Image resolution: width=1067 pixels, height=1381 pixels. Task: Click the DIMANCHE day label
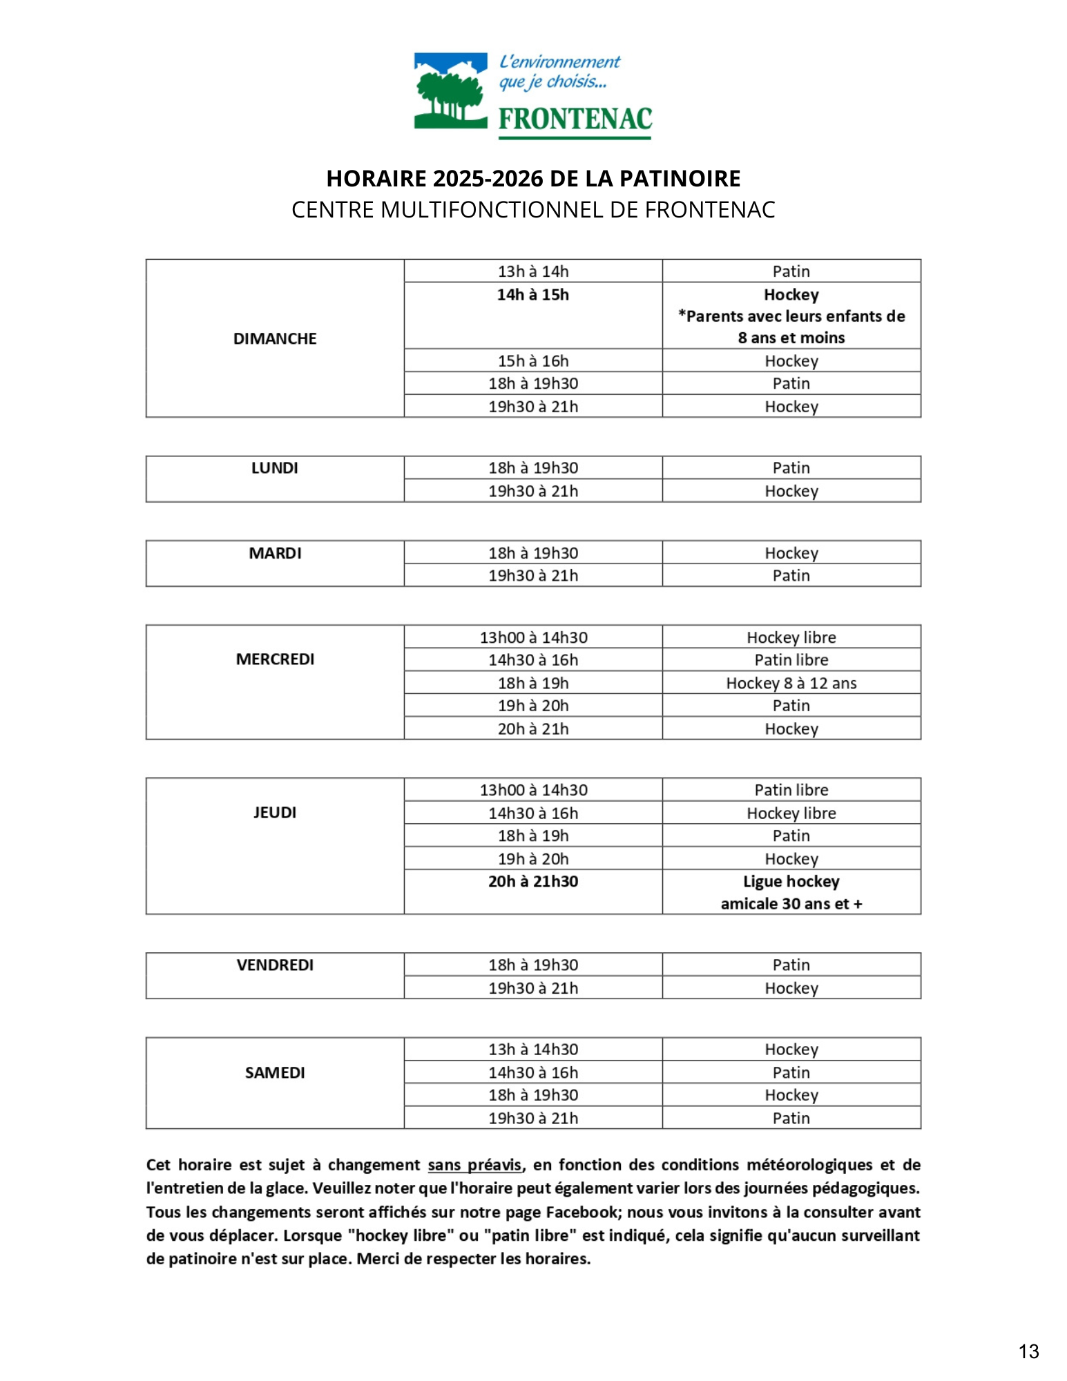point(275,338)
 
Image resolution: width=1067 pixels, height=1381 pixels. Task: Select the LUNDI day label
point(275,467)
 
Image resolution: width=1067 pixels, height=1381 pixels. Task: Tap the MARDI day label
point(275,553)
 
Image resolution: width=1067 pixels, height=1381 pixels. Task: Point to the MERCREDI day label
point(275,659)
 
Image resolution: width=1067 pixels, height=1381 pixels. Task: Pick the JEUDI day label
point(275,812)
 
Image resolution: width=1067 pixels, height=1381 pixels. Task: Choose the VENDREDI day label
point(275,965)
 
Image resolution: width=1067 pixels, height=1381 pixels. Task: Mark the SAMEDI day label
point(275,1072)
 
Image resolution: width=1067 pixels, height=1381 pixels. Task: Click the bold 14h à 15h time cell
point(533,295)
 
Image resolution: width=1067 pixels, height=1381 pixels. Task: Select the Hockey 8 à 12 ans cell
point(791,683)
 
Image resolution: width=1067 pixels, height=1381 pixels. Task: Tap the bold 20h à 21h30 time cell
point(533,881)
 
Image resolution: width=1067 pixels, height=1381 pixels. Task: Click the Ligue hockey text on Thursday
point(791,881)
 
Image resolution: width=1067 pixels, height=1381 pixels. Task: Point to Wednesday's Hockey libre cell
point(791,637)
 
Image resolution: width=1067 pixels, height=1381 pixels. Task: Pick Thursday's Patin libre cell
point(791,790)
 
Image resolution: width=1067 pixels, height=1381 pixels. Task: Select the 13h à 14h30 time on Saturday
point(533,1049)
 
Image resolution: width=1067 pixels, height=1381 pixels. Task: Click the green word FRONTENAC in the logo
point(575,119)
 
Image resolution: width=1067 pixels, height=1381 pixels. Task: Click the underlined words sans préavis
point(474,1165)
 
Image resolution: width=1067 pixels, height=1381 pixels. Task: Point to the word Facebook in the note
point(581,1212)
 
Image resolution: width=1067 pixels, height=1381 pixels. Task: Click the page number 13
point(1028,1351)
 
